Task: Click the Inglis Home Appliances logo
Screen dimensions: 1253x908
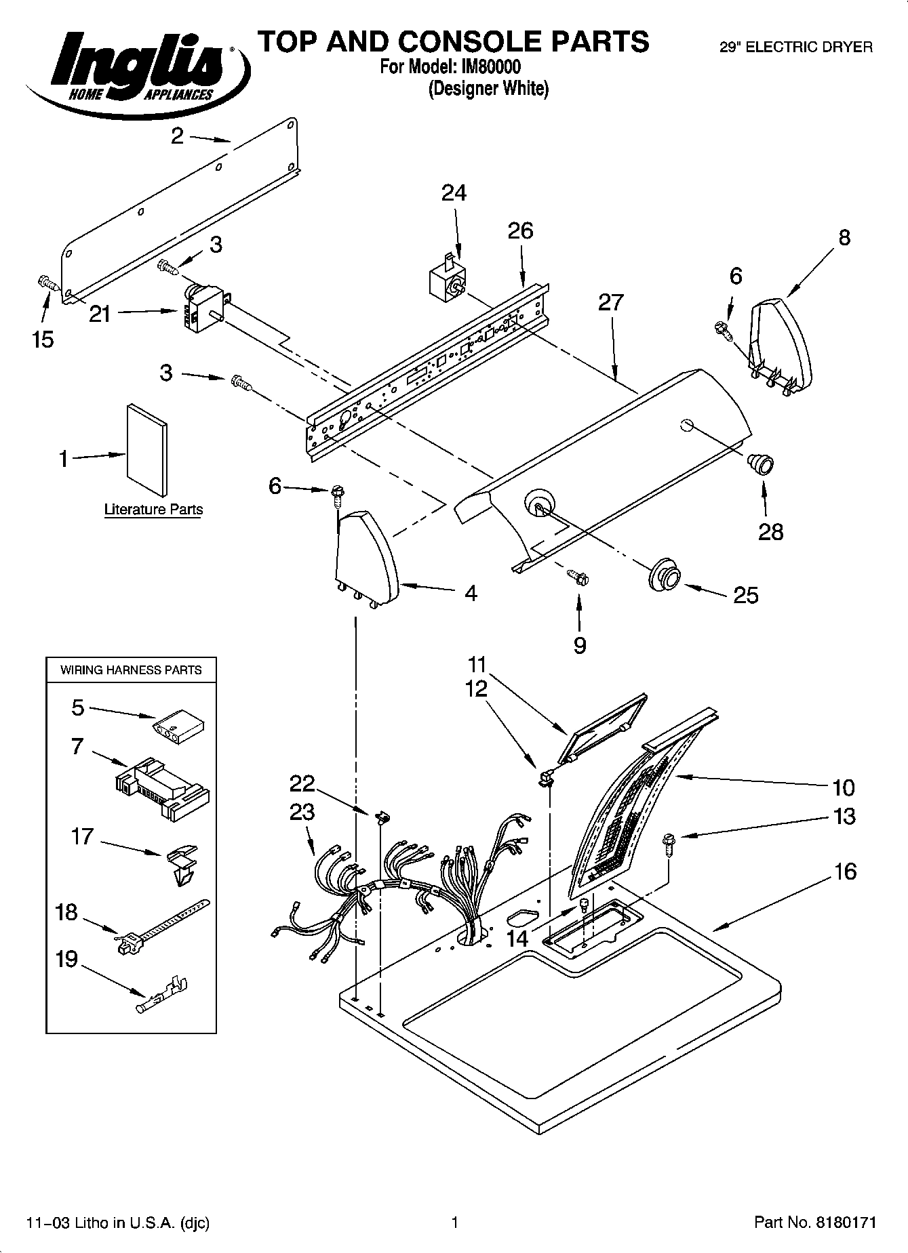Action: point(136,68)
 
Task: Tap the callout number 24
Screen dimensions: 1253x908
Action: point(454,194)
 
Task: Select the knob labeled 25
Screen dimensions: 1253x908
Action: point(664,574)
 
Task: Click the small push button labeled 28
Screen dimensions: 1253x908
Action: point(759,465)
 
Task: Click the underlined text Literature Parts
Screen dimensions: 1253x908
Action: point(153,510)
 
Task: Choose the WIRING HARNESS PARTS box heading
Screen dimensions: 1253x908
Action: point(131,670)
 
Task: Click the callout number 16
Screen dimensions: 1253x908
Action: point(845,871)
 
